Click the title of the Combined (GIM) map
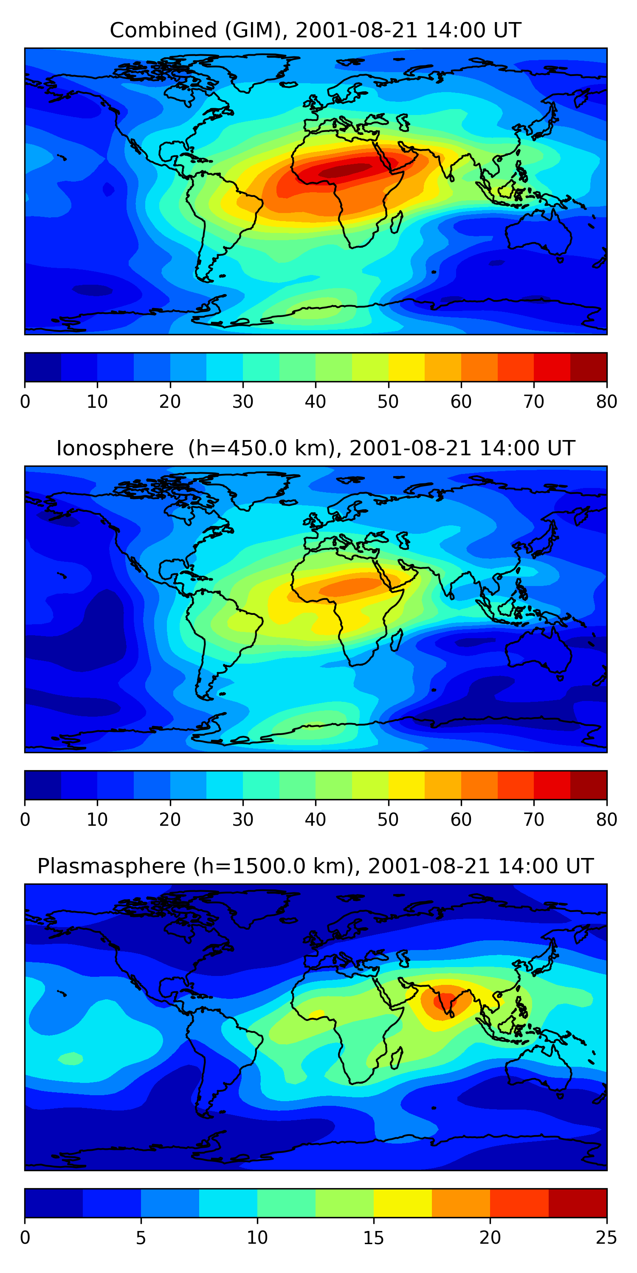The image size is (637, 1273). click(315, 30)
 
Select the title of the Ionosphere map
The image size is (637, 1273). click(315, 448)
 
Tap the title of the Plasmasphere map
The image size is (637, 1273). click(315, 866)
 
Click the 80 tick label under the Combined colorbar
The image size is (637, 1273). click(606, 402)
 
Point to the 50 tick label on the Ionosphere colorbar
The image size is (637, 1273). click(388, 820)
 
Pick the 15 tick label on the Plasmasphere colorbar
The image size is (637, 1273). click(373, 1238)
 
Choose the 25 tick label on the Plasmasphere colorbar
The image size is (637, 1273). click(606, 1238)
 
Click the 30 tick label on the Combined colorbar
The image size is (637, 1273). click(243, 402)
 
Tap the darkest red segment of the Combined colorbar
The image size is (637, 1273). click(589, 367)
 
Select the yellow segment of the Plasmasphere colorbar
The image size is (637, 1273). click(403, 1203)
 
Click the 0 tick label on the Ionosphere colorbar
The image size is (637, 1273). click(25, 820)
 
